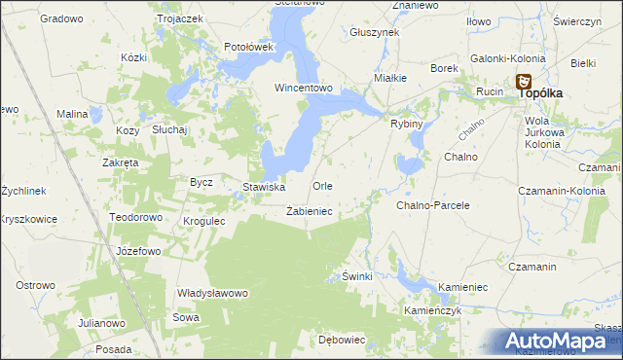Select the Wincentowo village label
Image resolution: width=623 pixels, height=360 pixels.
click(x=304, y=88)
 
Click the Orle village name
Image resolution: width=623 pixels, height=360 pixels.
click(x=322, y=186)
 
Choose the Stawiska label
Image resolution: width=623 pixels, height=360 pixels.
click(x=263, y=187)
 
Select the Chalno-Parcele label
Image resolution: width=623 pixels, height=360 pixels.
click(x=433, y=205)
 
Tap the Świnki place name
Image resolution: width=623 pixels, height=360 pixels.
click(x=357, y=277)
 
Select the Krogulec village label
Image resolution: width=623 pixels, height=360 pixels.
click(x=204, y=221)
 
